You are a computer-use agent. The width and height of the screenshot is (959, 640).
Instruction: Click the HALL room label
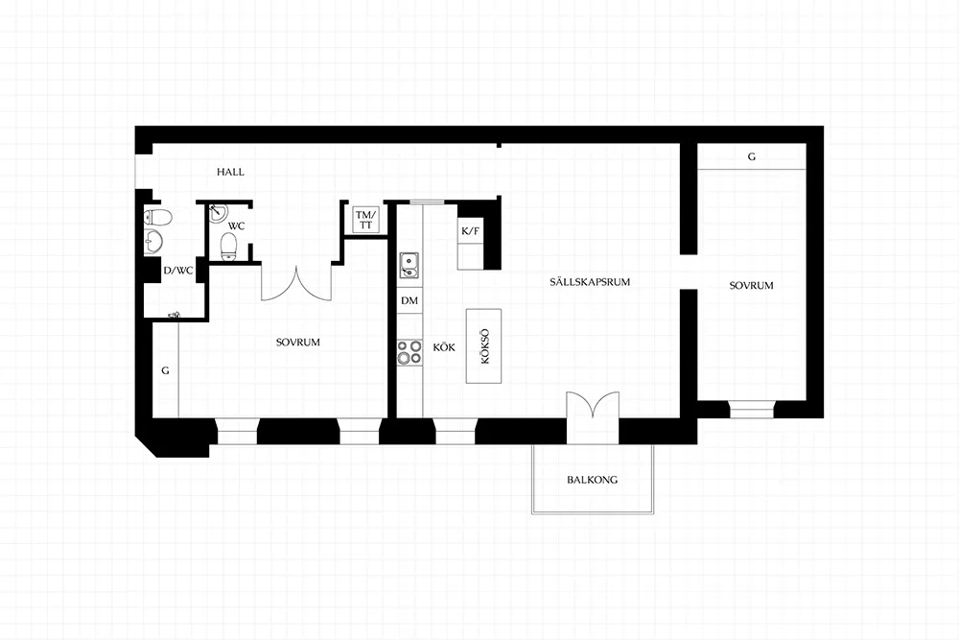[230, 172]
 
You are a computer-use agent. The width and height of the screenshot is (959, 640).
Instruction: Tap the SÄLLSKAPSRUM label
[590, 282]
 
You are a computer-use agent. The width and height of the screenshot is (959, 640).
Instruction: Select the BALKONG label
[592, 480]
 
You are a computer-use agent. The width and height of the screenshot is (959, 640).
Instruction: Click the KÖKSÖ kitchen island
[483, 346]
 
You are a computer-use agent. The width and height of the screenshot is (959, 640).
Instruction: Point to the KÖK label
[444, 347]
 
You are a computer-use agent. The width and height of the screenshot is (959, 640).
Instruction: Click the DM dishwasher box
[409, 300]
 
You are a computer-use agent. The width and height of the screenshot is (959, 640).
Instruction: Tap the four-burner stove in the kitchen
[409, 352]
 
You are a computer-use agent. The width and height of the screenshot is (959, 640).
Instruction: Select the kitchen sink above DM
[409, 265]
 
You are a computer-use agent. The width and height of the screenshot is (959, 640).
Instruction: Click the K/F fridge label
[470, 231]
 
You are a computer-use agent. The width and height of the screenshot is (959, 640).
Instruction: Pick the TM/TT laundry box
[365, 220]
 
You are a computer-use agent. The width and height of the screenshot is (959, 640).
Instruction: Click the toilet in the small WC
[229, 247]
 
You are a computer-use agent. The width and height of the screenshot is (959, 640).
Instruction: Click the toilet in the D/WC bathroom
[158, 217]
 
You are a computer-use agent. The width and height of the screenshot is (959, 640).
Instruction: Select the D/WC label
[178, 271]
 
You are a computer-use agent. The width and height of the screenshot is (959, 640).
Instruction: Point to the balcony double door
[592, 406]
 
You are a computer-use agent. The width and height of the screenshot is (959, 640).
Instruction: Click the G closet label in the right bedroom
[751, 156]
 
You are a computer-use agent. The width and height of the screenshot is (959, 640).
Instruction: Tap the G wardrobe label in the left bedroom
[165, 370]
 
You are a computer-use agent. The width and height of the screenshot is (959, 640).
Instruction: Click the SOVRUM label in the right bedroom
[751, 286]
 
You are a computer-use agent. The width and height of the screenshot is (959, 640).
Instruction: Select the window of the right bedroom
[752, 410]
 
